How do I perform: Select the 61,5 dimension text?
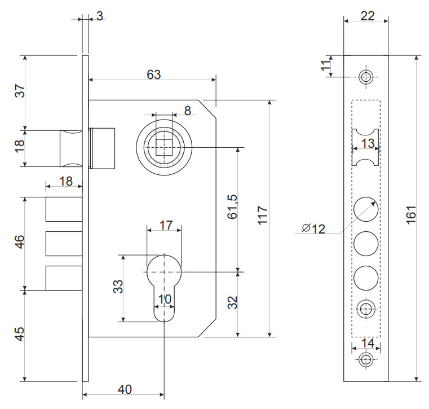232,207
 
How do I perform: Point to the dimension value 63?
153,74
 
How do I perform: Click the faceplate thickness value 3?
99,16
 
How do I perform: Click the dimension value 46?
19,243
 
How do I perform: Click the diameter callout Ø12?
313,228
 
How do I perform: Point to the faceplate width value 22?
367,16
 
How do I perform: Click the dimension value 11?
324,66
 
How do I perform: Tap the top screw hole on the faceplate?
366,77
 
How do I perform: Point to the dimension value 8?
187,109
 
